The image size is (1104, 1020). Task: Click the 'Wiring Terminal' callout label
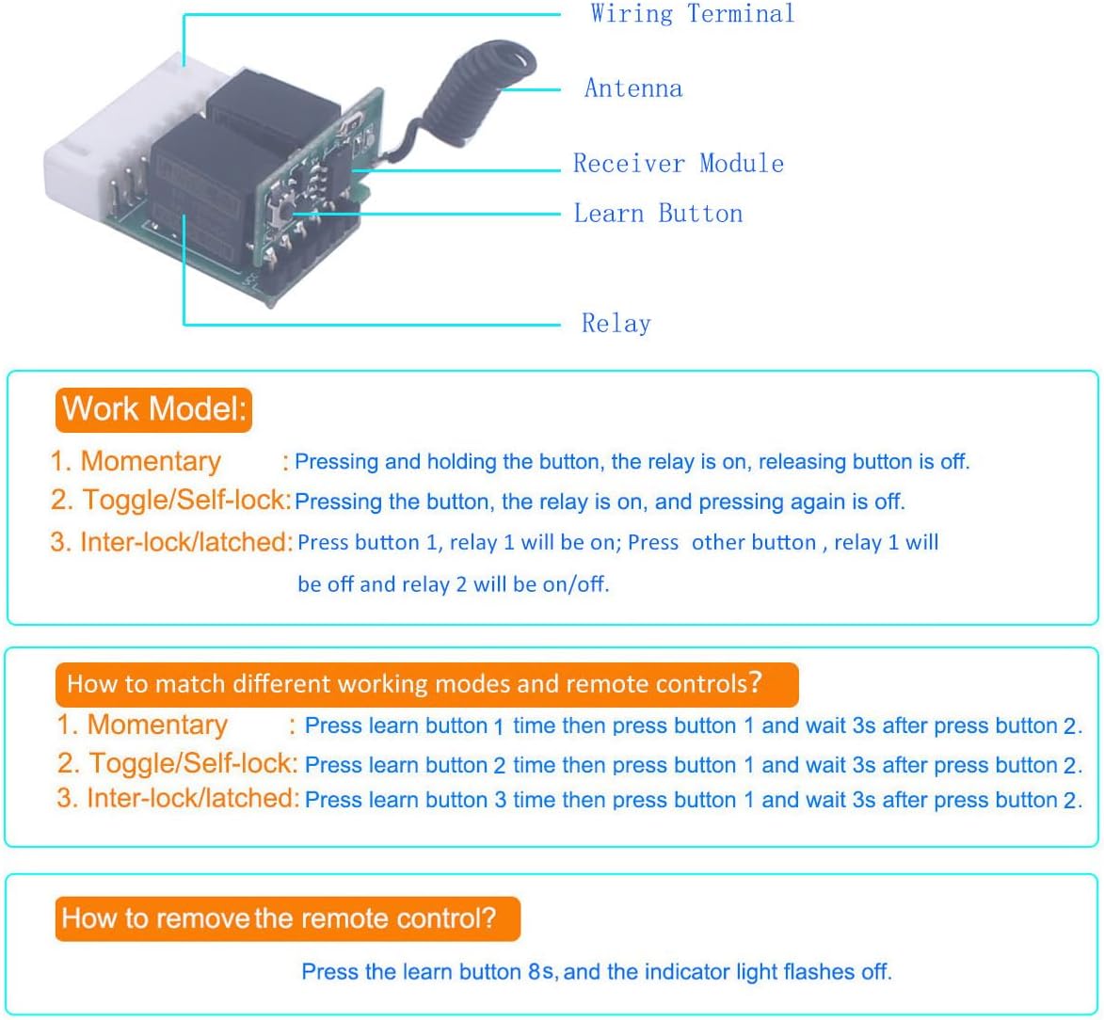tap(692, 13)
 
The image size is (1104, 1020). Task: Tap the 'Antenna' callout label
tap(633, 88)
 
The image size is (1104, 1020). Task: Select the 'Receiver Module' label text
tap(678, 163)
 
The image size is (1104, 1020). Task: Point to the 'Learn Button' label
tap(658, 213)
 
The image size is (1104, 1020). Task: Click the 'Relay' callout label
tap(616, 323)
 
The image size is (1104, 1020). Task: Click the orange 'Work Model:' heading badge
tap(153, 409)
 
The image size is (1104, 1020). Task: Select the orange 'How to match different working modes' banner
tap(426, 684)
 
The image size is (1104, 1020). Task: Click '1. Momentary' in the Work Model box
tap(136, 461)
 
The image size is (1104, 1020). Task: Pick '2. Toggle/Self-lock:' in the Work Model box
tap(171, 500)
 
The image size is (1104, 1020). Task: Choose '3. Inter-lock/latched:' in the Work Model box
tap(171, 541)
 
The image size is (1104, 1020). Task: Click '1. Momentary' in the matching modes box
tap(142, 725)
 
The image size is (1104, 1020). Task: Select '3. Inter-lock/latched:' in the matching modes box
tap(178, 798)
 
